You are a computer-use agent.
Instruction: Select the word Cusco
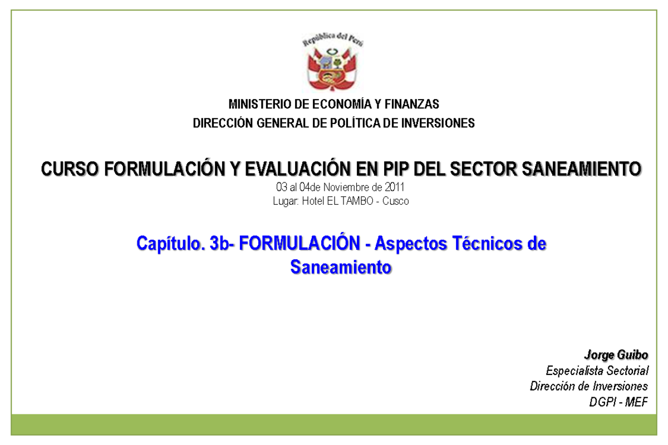396,201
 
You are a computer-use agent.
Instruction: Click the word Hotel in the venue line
312,201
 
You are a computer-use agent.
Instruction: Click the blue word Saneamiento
341,268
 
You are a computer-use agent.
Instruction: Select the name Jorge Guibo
616,354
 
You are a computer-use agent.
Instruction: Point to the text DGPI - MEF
618,402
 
